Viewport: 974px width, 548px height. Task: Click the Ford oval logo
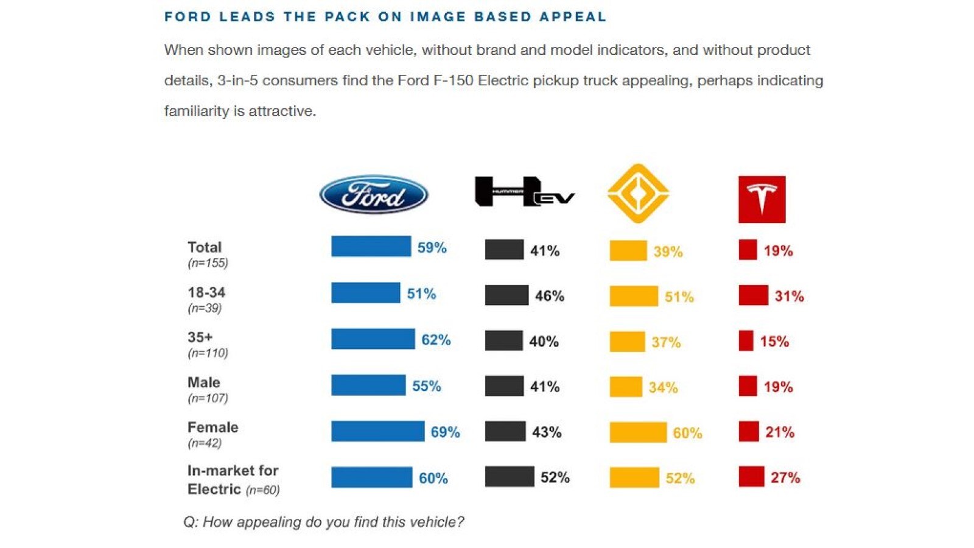click(374, 194)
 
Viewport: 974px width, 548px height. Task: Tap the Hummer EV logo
click(525, 191)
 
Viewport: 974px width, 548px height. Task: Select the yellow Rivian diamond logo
click(638, 194)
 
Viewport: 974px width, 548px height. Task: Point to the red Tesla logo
click(762, 199)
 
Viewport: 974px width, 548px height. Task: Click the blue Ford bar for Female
click(378, 431)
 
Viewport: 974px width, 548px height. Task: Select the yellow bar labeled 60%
click(638, 432)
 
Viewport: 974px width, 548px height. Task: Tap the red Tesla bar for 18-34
click(753, 295)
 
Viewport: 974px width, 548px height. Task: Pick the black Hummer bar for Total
click(505, 250)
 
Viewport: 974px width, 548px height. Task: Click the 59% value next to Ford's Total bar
click(432, 247)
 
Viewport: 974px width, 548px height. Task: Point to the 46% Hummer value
click(550, 296)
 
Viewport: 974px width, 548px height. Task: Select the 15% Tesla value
click(774, 342)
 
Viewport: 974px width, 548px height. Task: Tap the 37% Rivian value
click(666, 342)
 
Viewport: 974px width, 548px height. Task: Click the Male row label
click(204, 382)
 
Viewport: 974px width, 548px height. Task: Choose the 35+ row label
click(200, 337)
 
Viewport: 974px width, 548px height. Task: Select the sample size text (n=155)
click(208, 263)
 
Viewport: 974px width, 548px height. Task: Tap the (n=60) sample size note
click(262, 490)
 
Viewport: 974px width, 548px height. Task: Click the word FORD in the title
click(188, 16)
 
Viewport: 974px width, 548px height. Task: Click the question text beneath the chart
click(324, 521)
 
